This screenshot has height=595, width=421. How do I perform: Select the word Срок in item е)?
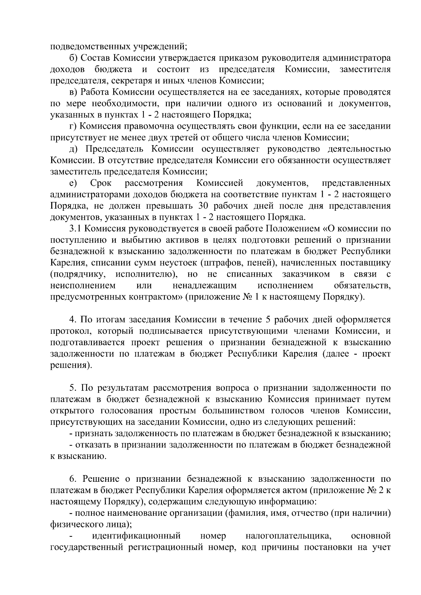tap(101, 183)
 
